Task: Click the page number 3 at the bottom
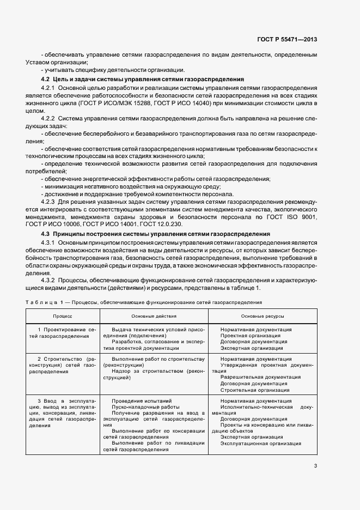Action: coord(315,465)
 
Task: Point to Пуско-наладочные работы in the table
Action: coord(137,407)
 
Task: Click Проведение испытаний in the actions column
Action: coord(133,400)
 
